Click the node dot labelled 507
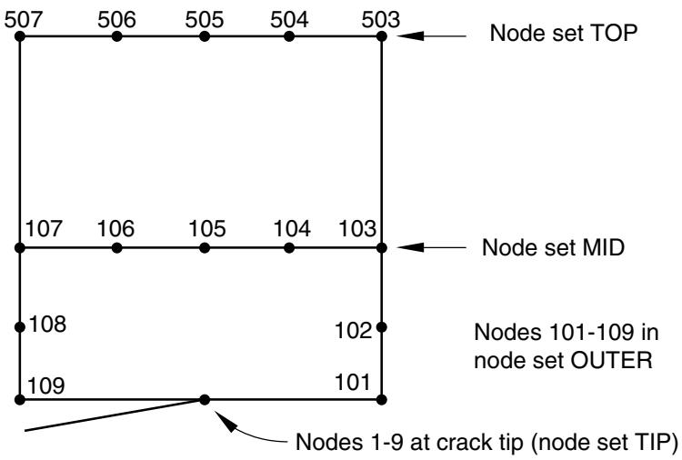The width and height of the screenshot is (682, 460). (x=20, y=36)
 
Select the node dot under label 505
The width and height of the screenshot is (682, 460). (x=205, y=36)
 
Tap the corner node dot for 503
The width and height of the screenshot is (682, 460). (x=381, y=36)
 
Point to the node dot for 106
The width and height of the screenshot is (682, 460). (x=116, y=248)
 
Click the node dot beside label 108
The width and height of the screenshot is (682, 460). (x=20, y=327)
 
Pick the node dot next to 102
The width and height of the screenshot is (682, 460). (x=381, y=327)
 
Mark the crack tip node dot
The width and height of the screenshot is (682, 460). (x=205, y=400)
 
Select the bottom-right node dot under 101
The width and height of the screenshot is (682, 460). (x=381, y=400)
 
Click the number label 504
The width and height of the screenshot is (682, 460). (x=289, y=20)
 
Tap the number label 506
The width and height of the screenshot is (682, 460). (x=116, y=20)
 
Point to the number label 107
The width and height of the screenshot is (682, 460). (x=44, y=229)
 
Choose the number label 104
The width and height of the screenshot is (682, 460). (x=292, y=229)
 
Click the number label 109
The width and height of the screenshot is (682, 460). (x=46, y=385)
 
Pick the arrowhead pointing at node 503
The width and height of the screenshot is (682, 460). (x=410, y=36)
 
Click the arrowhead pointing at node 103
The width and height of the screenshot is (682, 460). (x=410, y=247)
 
